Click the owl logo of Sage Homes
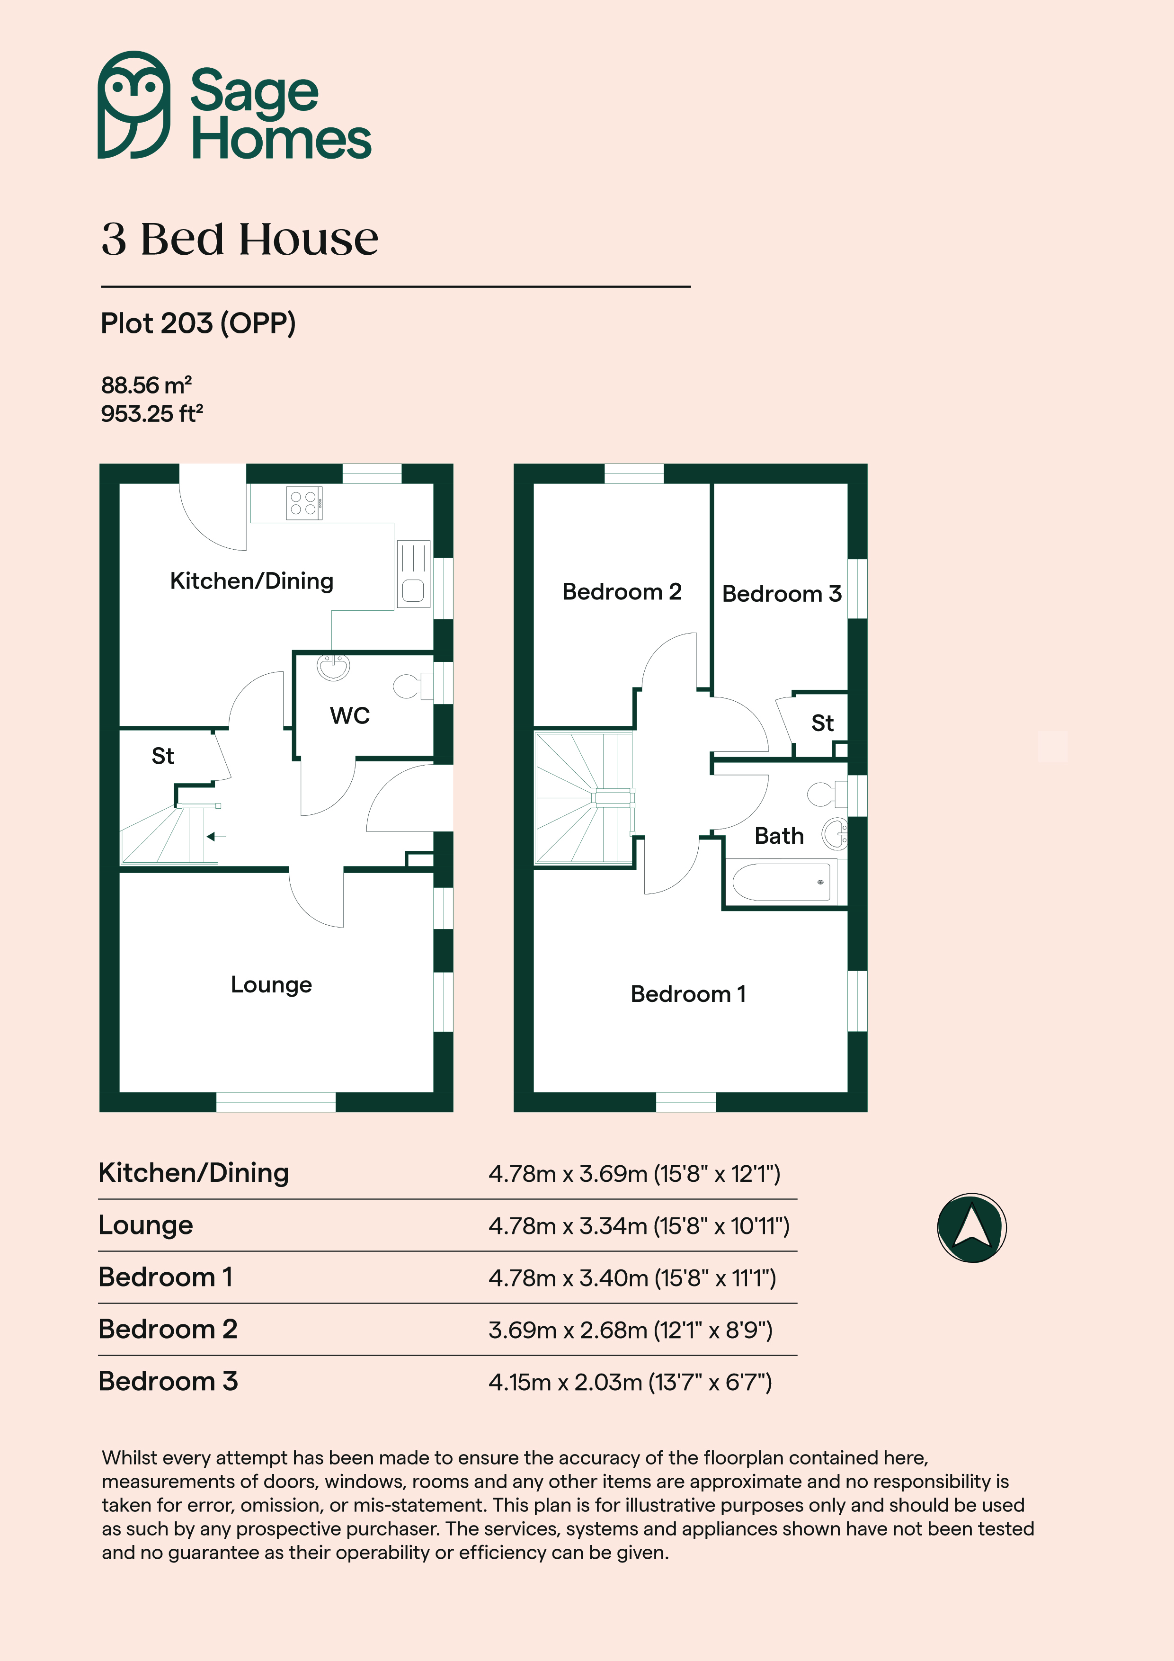click(x=134, y=105)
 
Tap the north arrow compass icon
click(x=971, y=1228)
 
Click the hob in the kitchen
click(x=304, y=503)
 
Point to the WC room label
click(x=350, y=715)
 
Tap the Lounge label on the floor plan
click(x=271, y=984)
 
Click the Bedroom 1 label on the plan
click(x=688, y=994)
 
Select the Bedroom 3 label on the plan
click(x=782, y=594)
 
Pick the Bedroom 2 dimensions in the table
click(x=631, y=1330)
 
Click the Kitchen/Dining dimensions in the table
click(x=634, y=1173)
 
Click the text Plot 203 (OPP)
click(x=198, y=323)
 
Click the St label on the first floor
click(x=822, y=723)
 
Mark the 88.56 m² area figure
click(x=146, y=385)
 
